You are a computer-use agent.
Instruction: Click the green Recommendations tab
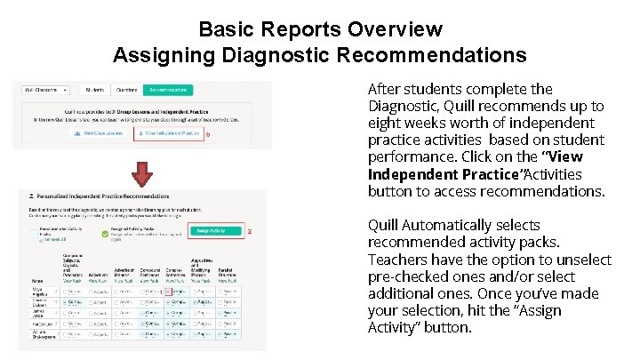pos(168,90)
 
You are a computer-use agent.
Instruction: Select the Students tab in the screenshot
pos(94,90)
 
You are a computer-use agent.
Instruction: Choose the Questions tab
pos(125,90)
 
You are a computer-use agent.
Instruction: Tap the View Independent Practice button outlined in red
pos(168,133)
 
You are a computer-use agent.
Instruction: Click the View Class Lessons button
pos(100,133)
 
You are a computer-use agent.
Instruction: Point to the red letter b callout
pos(208,134)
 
